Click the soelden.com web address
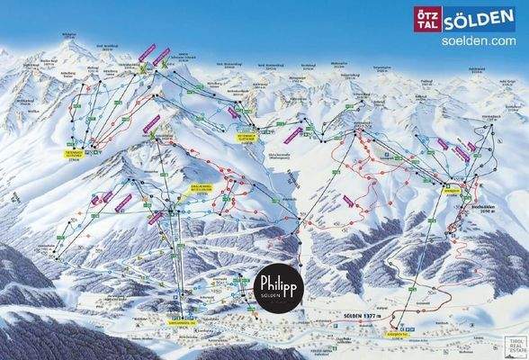[479, 40]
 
